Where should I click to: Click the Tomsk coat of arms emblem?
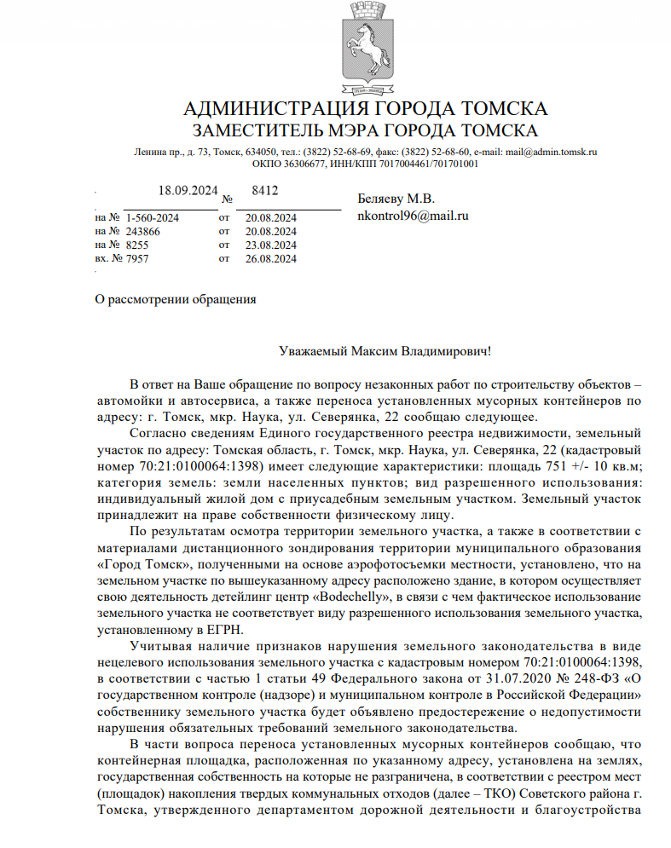(x=365, y=49)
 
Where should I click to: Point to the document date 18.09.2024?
(x=188, y=190)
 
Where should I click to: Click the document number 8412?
(x=265, y=190)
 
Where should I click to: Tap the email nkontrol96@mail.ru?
(x=414, y=216)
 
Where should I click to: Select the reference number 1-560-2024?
(x=152, y=218)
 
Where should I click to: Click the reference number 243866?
(x=142, y=232)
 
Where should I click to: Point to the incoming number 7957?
(x=137, y=259)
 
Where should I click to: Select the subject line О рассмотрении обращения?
(x=176, y=299)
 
